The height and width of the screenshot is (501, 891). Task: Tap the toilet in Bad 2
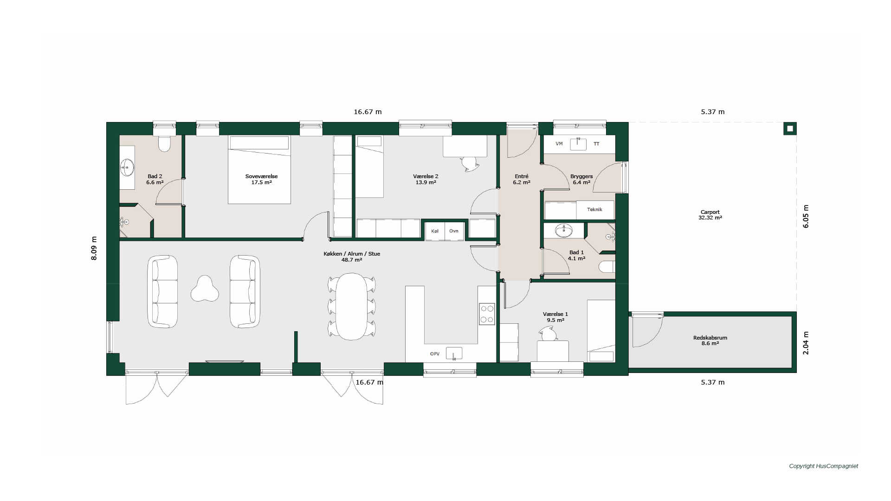pos(164,144)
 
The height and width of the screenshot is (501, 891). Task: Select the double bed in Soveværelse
pos(259,169)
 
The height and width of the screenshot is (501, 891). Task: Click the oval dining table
pos(352,307)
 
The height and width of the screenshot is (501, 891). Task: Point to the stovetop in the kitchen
pos(487,314)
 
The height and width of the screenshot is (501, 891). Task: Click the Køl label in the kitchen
pos(435,231)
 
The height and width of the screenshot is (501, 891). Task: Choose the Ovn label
pos(454,231)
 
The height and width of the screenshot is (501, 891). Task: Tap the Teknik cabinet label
pos(594,210)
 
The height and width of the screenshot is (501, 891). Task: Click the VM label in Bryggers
pos(559,144)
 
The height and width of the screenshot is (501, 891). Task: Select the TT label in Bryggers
pos(596,144)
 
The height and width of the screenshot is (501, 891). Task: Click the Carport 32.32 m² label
pos(710,215)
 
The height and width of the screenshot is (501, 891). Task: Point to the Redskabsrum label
pos(710,338)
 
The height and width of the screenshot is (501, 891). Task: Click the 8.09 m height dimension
pos(94,248)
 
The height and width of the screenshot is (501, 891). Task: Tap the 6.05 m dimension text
pos(806,216)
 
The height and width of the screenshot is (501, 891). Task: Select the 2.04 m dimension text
pos(806,343)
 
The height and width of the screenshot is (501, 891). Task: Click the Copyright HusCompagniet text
pos(824,466)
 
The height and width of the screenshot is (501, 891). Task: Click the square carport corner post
pos(790,128)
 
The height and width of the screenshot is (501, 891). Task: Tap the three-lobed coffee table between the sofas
pos(205,289)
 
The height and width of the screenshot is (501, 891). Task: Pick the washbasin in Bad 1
pos(564,231)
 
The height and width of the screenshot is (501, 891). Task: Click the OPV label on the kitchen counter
pos(435,354)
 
